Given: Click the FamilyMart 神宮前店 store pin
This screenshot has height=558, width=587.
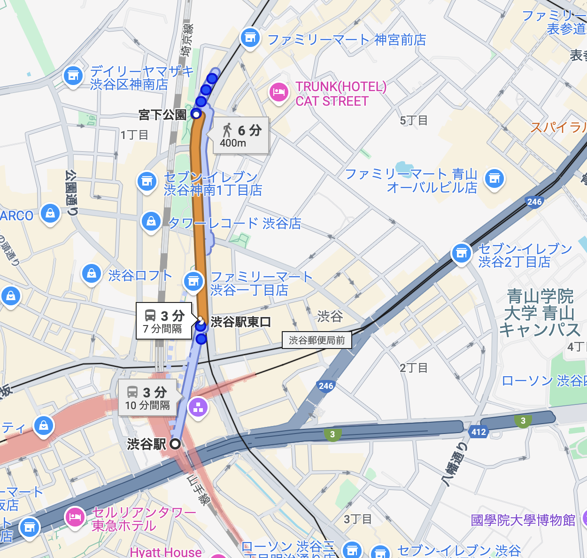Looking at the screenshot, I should (x=250, y=38).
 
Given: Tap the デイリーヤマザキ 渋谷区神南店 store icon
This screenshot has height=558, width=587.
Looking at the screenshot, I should (x=73, y=76).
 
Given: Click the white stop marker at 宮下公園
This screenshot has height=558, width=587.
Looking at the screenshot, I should (x=196, y=114).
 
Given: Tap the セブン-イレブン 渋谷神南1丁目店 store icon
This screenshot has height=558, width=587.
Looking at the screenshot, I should (x=147, y=181).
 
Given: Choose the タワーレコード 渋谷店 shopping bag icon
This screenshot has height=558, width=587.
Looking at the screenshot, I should (x=151, y=220).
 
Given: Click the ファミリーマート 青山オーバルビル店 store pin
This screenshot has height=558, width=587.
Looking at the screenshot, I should (x=494, y=178).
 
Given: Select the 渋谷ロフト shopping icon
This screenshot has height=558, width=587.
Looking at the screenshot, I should (x=92, y=273).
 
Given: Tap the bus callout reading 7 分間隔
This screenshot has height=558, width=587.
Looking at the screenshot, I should (x=164, y=321).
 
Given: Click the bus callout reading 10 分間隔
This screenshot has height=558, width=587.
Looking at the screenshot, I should (x=147, y=398).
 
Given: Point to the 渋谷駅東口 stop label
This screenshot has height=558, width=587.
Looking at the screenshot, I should (x=240, y=322).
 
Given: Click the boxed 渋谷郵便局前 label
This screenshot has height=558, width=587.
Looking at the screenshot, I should (x=317, y=340).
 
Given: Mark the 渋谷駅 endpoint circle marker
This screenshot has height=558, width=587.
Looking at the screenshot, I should (x=175, y=444).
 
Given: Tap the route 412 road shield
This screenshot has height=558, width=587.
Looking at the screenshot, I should (x=478, y=432).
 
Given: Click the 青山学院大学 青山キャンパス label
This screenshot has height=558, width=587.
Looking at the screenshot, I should (x=540, y=313).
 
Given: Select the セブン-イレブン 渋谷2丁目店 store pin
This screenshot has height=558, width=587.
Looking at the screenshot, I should (x=461, y=253).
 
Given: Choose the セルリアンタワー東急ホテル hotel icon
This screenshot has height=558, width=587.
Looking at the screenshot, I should (x=75, y=517).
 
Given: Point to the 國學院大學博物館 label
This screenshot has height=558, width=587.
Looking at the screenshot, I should (x=523, y=520).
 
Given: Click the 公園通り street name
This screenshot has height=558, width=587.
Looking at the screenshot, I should (x=71, y=193).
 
